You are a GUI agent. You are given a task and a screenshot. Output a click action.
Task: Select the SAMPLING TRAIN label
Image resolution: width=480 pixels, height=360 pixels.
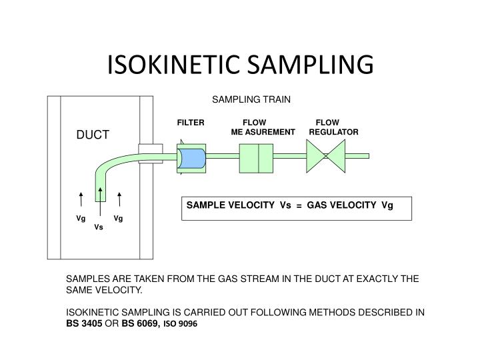(251, 99)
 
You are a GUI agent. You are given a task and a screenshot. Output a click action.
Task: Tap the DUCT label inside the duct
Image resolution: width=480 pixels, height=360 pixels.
(92, 135)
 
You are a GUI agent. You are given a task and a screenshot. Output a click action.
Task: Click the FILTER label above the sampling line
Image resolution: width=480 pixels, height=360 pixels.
(190, 123)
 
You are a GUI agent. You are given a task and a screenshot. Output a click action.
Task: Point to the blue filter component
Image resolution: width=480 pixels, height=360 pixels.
(193, 159)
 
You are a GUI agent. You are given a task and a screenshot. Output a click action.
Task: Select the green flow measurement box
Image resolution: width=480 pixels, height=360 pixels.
(256, 157)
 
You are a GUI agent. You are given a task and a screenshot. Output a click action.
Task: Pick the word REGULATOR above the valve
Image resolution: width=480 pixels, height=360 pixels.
(334, 132)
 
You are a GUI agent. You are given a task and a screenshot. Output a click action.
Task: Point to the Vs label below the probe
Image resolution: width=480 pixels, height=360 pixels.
(99, 227)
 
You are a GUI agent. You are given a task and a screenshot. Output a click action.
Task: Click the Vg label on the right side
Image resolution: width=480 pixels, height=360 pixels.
(118, 218)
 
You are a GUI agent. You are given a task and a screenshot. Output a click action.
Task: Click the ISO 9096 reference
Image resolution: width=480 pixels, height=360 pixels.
(181, 323)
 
